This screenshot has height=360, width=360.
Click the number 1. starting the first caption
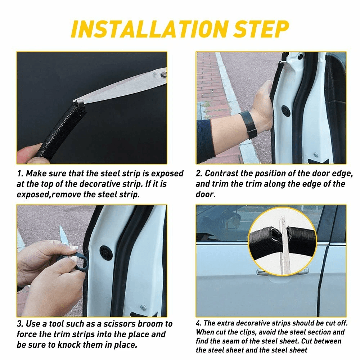point(20,174)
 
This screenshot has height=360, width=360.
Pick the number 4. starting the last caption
point(198,323)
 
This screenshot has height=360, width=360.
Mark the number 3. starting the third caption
point(21,324)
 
